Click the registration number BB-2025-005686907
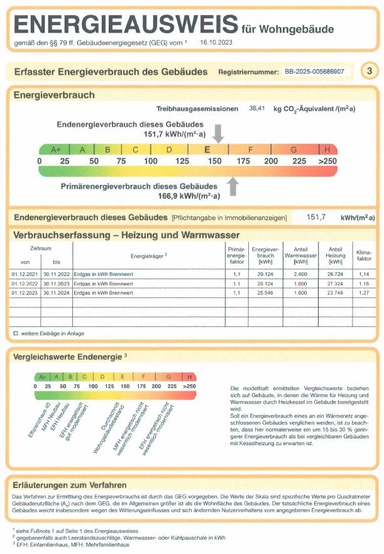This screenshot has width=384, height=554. tap(314, 72)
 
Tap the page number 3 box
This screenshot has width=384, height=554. tap(369, 71)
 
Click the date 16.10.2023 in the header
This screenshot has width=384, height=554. tap(216, 43)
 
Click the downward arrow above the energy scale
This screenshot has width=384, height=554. tap(218, 133)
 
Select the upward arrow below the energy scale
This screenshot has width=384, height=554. tap(233, 186)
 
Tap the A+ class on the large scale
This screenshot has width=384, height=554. tap(55, 150)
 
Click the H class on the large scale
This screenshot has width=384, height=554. tap(327, 150)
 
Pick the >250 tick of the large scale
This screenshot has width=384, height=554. tap(327, 161)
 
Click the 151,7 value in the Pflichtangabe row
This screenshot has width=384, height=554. tap(316, 218)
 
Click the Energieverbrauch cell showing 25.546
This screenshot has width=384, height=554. tap(265, 292)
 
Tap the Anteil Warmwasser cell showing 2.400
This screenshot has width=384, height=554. tap(300, 275)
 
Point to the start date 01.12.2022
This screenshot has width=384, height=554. tap(25, 284)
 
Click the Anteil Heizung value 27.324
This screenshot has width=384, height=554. tap(336, 284)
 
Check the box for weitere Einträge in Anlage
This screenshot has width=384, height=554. tap(16, 333)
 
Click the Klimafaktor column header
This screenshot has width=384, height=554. tap(365, 254)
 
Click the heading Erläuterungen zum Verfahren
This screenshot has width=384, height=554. tap(70, 485)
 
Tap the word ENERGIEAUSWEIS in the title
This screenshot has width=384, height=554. tap(124, 25)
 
